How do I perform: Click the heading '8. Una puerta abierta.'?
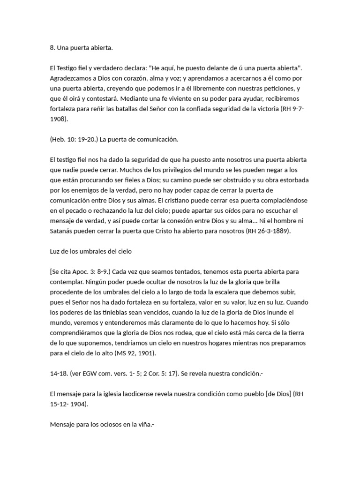(81, 47)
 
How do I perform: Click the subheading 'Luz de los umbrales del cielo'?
(90, 251)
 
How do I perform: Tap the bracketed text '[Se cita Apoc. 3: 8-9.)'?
(81, 271)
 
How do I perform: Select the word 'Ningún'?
(97, 282)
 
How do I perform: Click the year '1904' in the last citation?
(76, 404)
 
